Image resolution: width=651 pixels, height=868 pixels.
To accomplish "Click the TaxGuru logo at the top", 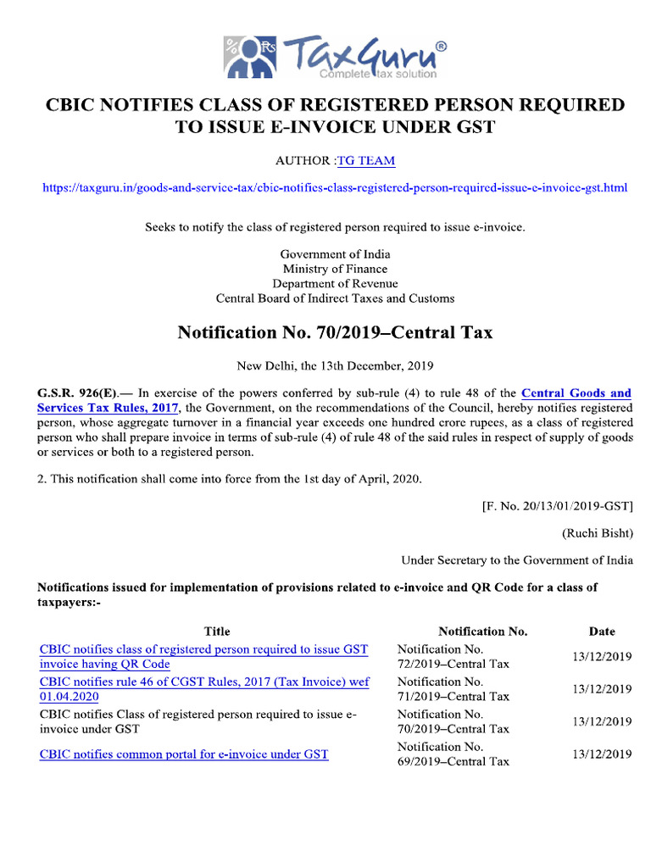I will coord(335,57).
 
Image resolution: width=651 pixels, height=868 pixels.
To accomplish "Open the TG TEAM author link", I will coord(366,160).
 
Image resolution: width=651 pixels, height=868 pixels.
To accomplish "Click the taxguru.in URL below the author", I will coord(335,187).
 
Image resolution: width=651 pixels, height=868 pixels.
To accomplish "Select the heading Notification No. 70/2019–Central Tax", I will coord(335,333).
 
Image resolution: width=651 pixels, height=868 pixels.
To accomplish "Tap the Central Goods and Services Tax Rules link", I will coord(576,393).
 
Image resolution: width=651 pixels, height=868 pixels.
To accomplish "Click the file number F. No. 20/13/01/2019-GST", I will coord(556,506).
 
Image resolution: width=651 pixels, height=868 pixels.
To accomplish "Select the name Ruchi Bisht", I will coord(597,533).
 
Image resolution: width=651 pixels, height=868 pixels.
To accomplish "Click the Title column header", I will coord(217,631).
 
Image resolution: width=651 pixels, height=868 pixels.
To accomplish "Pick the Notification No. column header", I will coord(483,631).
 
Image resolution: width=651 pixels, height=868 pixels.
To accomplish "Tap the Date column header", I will coord(602,631).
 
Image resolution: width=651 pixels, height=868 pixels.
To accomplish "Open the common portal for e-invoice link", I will coord(184,754).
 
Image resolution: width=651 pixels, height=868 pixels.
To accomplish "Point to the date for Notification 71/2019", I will coord(602,689).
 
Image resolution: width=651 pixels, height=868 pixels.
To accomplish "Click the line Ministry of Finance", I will coord(335,269).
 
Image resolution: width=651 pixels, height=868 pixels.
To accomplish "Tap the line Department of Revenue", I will coord(335,283).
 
